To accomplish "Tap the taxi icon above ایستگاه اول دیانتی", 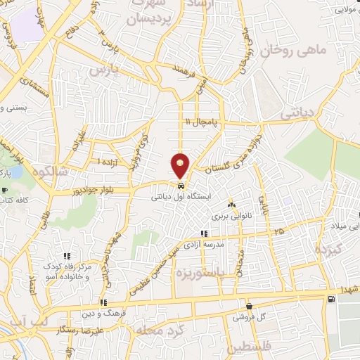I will (182, 187).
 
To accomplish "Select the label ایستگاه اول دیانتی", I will (181, 198).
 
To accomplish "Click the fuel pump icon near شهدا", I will (330, 300).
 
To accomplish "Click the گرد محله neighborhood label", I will (152, 330).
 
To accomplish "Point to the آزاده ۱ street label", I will (108, 162).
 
